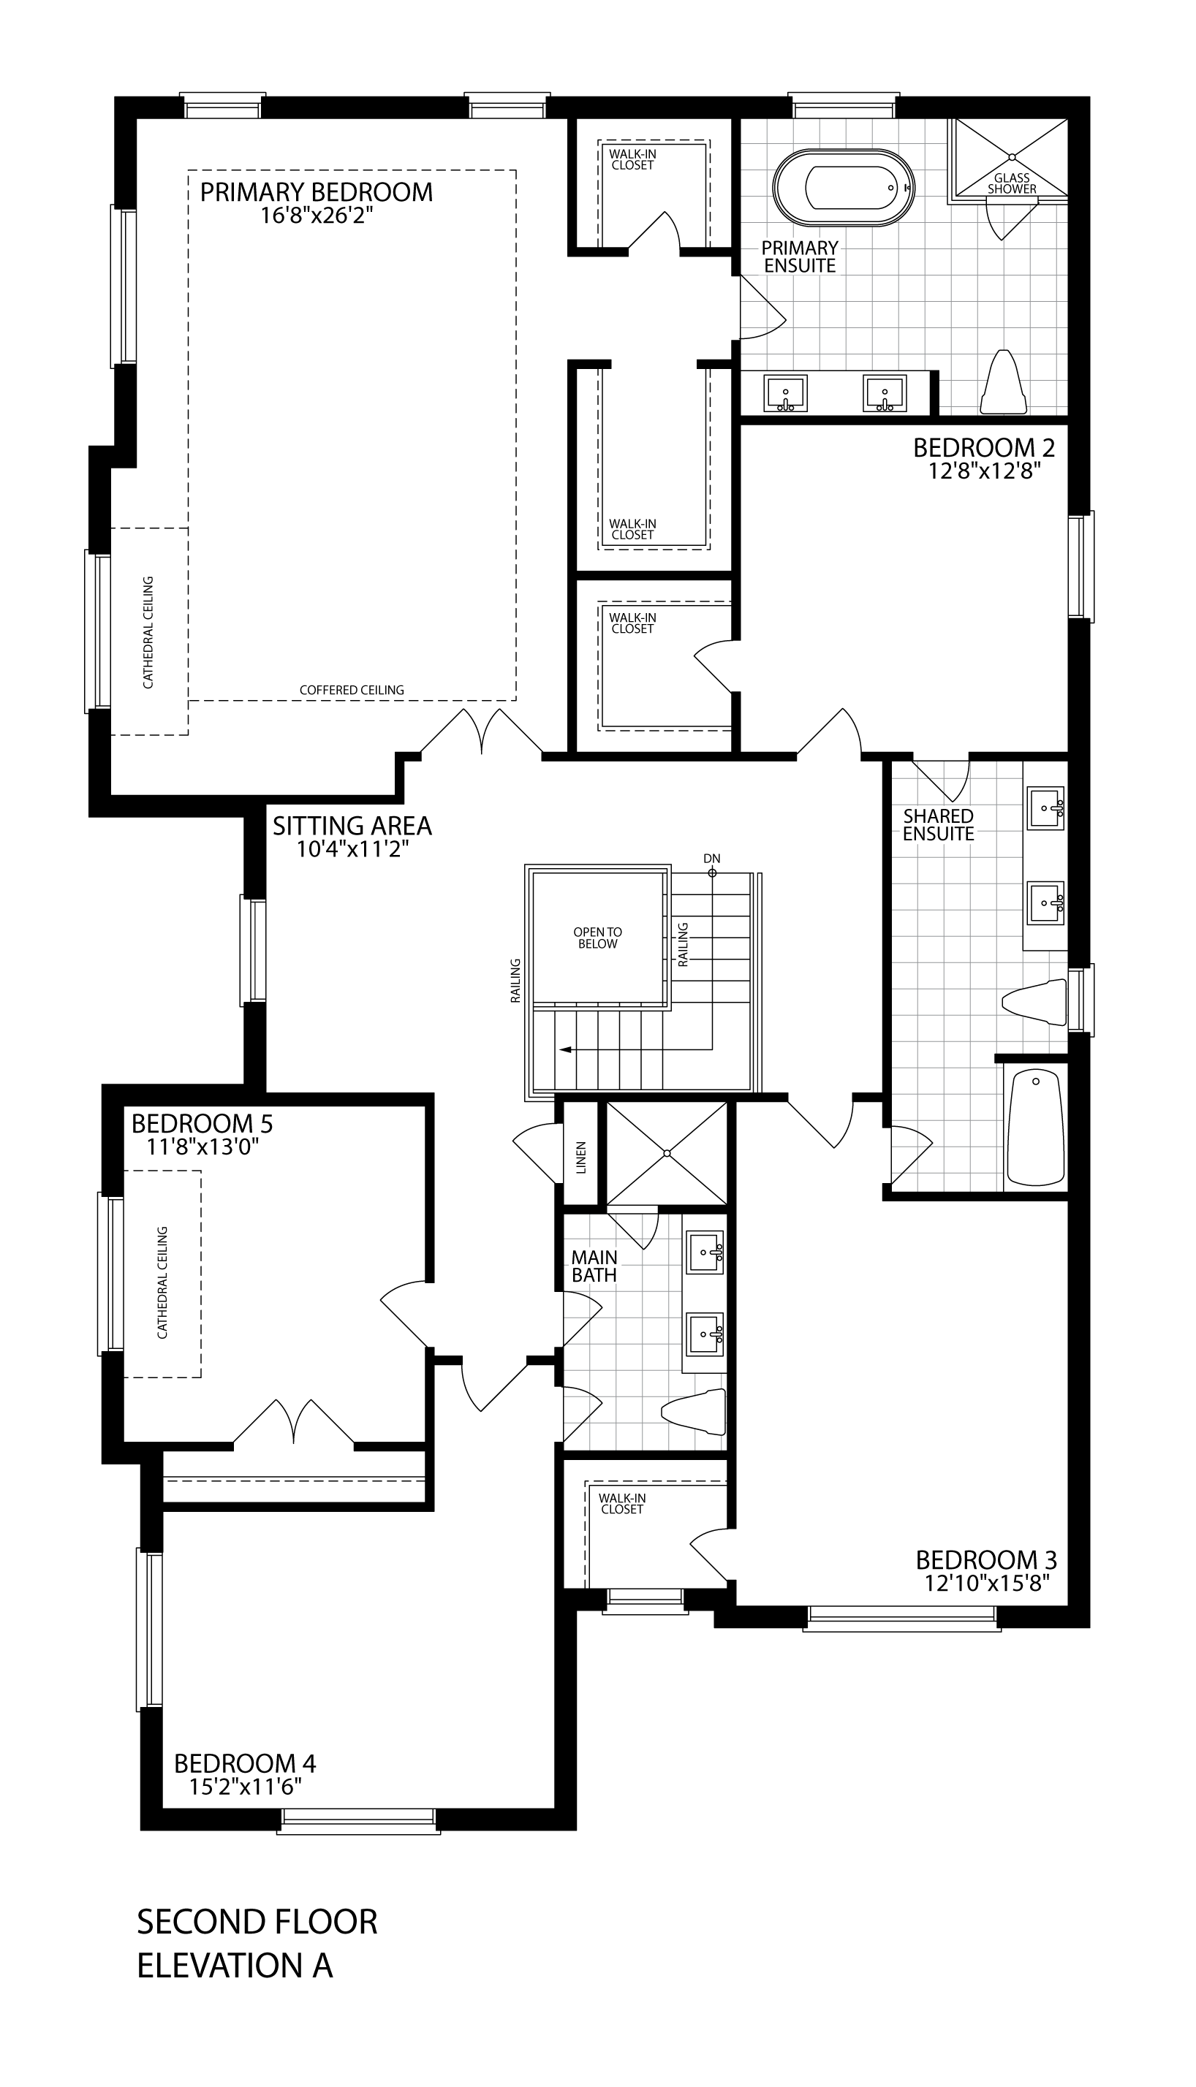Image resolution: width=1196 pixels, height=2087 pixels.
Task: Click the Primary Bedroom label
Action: coord(317,191)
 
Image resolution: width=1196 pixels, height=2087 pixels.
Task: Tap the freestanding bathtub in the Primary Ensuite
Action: coord(844,188)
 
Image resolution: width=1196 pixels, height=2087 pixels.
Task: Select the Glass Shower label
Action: coord(1012,183)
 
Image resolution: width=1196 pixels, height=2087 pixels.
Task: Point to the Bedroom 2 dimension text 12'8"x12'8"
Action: coord(983,471)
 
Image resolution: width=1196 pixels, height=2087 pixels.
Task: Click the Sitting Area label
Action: coord(352,825)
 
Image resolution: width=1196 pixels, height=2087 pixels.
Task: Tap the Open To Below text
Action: coord(598,938)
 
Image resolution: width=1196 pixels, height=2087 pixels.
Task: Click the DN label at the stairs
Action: coord(711,858)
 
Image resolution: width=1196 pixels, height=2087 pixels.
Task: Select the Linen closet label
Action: coord(580,1157)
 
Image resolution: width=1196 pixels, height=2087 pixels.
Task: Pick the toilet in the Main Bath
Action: coord(694,1411)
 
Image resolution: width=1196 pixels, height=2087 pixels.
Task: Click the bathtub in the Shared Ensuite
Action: coord(1036,1128)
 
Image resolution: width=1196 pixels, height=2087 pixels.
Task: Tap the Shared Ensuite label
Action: coord(938,825)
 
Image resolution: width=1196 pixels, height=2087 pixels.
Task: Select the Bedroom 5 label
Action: coord(202,1122)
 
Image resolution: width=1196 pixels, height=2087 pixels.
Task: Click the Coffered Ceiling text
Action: coord(352,691)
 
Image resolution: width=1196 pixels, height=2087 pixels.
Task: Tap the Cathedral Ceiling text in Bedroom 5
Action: coord(162,1282)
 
